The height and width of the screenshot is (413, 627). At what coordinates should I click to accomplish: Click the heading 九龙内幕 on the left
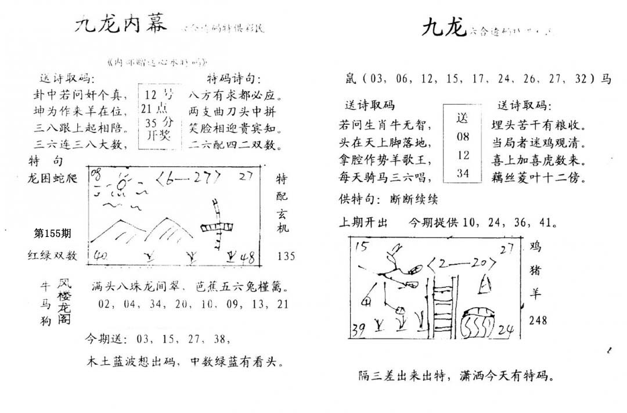point(121,24)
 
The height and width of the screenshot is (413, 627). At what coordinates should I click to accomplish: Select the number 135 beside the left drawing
point(286,255)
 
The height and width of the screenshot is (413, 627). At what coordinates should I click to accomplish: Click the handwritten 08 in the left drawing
point(96,173)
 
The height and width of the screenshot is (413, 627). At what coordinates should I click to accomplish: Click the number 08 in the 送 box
point(462,138)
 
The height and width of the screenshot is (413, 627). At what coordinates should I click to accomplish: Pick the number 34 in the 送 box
point(462,173)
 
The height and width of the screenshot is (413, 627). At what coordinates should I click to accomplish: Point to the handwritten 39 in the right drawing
point(359,329)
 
